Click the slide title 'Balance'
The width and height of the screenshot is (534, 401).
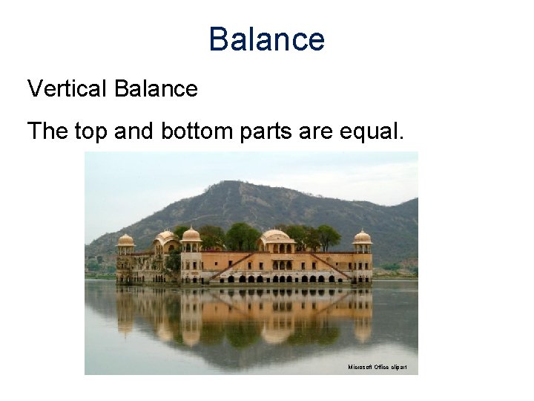pyautogui.click(x=266, y=39)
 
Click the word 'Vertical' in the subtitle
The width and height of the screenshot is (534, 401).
pyautogui.click(x=67, y=89)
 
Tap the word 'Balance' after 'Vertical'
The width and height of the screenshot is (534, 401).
pyautogui.click(x=156, y=89)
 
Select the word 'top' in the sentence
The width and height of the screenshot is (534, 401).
pyautogui.click(x=91, y=131)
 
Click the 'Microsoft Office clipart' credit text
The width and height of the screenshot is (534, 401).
pyautogui.click(x=377, y=368)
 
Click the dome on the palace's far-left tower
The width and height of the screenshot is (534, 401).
pyautogui.click(x=126, y=240)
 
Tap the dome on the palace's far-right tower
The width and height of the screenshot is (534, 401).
pyautogui.click(x=362, y=238)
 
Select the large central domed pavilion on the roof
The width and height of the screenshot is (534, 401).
pyautogui.click(x=276, y=238)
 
